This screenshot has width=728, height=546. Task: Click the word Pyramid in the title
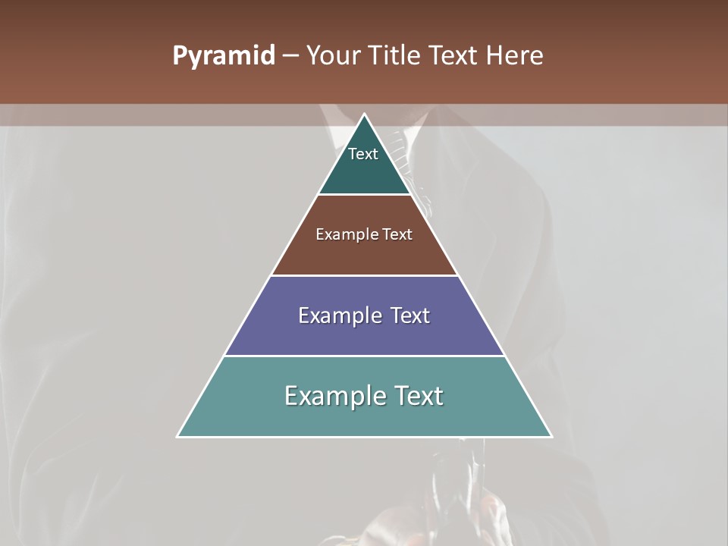223,56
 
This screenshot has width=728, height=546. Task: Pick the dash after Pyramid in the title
290,56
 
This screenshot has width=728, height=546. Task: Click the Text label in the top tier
363,154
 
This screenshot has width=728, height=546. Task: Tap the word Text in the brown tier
397,234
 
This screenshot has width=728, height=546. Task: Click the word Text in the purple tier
410,315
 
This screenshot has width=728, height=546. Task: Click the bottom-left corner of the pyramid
177,437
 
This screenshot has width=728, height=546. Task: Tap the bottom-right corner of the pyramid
551,437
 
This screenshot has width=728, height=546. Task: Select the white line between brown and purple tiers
365,275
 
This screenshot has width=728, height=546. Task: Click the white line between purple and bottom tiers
365,356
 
